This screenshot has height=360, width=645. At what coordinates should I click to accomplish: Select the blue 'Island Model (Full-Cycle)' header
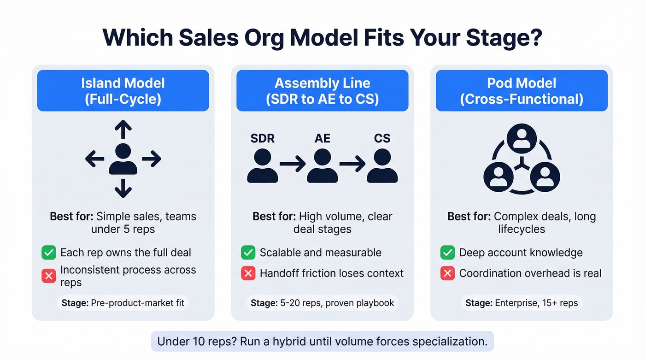pos(123,91)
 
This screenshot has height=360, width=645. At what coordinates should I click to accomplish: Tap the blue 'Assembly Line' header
pos(322,91)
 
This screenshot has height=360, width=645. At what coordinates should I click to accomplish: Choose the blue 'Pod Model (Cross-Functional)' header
pos(522,91)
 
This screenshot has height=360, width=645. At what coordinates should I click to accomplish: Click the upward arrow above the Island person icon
pos(123,130)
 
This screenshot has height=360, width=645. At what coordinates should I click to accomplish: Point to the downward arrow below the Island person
pos(123,188)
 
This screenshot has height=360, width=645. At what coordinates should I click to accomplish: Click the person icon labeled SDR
pos(262,165)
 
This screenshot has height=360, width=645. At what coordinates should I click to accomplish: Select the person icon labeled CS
pos(382,165)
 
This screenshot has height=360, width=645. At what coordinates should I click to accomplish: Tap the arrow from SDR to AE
pos(292,164)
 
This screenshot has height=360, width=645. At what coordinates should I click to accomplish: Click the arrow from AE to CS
pos(352,164)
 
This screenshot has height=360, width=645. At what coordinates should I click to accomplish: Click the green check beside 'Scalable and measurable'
pos(248,253)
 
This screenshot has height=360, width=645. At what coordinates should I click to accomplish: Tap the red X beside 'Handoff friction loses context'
pos(248,273)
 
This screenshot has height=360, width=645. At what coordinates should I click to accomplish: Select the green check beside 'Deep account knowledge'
pos(447,253)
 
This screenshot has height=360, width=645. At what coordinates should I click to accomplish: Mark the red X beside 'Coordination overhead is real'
pos(447,273)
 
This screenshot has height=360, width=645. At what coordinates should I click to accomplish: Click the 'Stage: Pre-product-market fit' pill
pos(123,303)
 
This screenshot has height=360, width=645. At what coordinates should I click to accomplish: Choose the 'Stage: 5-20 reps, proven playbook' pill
pos(322,303)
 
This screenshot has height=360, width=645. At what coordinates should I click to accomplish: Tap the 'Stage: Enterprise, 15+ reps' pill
pos(522,303)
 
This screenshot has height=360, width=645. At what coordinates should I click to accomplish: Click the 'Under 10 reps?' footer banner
pos(322,342)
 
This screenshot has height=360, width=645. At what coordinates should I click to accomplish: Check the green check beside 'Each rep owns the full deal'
pos(48,253)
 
